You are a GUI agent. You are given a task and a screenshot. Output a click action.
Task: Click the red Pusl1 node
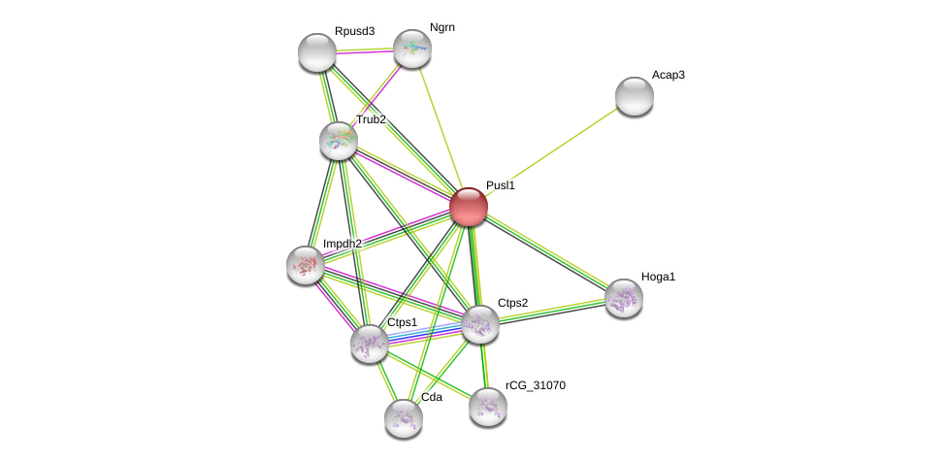[x=468, y=207]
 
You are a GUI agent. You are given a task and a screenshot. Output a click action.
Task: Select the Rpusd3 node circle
[x=317, y=52]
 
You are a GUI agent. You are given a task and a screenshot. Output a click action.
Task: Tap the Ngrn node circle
[x=411, y=49]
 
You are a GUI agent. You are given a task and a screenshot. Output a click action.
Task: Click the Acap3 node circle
[x=635, y=96]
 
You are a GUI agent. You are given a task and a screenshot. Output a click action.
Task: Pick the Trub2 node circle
[x=339, y=141]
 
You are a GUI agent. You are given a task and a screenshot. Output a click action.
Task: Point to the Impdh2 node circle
[x=306, y=265]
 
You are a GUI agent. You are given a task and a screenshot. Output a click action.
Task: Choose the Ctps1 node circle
[x=370, y=343]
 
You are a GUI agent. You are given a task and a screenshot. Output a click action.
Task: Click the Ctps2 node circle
[x=480, y=324]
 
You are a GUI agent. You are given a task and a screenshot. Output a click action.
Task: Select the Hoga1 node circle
[x=624, y=298]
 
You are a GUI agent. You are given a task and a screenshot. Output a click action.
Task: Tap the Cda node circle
[x=404, y=418]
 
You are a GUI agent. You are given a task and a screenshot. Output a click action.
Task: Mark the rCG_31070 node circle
[x=488, y=407]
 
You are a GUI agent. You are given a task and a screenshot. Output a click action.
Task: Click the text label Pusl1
[x=501, y=185]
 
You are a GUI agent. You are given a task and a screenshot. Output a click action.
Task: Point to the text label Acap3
[x=669, y=75]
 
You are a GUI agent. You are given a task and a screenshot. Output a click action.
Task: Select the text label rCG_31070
[x=535, y=385]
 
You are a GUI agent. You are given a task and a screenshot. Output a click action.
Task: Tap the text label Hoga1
[x=658, y=277]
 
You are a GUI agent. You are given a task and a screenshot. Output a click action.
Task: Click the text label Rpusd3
[x=354, y=31]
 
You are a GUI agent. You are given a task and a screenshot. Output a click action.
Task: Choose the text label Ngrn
[x=441, y=27]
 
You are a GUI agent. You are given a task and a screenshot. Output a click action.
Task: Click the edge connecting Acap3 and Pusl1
[x=551, y=151]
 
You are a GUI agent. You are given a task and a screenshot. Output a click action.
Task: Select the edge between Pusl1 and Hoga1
[x=546, y=252]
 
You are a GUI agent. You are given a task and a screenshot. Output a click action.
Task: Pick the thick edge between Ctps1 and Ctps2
[x=425, y=333]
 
